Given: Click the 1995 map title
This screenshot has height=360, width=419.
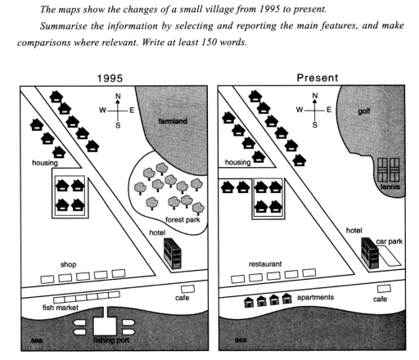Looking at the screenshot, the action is [x=110, y=79].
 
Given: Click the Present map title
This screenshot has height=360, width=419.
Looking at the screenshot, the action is [x=318, y=78].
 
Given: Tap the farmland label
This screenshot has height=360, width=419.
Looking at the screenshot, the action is [x=173, y=121].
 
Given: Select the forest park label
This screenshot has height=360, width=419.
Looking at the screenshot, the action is [x=182, y=219].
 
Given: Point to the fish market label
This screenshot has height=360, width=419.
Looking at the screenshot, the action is [x=61, y=308].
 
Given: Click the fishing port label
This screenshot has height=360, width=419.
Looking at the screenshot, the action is [x=111, y=340].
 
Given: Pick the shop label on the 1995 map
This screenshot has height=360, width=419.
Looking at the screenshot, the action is [x=68, y=264].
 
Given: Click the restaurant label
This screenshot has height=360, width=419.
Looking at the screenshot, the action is [x=265, y=264].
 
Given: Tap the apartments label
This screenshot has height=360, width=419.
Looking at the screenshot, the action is [x=315, y=297].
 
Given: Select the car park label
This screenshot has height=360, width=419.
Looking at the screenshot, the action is [x=390, y=241].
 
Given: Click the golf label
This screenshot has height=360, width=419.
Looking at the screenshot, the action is [x=364, y=111].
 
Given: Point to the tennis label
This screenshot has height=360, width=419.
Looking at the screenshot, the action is [x=390, y=187].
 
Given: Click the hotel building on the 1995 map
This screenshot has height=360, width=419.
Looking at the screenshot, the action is [x=172, y=254].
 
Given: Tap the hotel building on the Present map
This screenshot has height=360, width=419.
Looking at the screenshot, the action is [x=370, y=253].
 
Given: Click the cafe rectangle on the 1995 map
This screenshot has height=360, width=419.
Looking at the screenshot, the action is [x=188, y=289].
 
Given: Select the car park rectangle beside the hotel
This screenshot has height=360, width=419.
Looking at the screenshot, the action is [x=390, y=255].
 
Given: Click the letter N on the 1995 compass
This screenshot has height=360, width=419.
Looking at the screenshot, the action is [x=118, y=96].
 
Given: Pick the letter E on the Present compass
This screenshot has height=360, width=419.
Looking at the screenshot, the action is [x=329, y=110].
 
